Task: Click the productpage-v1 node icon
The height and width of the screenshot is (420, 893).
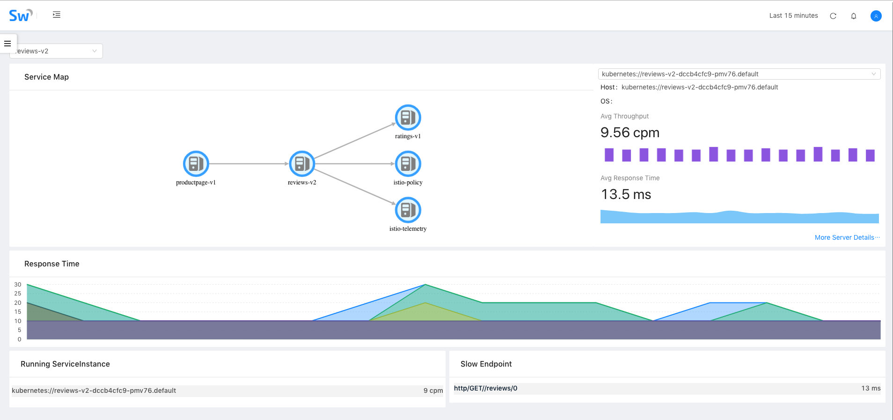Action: pos(196,163)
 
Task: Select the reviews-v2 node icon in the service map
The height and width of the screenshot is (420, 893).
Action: pos(302,163)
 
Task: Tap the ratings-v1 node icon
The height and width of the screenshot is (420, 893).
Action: pos(408,117)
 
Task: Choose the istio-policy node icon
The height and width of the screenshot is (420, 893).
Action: pos(408,163)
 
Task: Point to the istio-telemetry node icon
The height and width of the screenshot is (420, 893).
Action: pos(408,210)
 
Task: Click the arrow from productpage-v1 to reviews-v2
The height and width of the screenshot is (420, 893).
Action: pos(249,163)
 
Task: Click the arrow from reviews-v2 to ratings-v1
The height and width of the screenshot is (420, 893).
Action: pos(355,141)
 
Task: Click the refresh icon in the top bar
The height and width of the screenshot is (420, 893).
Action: pos(833,16)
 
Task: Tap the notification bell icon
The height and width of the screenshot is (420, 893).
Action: pos(854,16)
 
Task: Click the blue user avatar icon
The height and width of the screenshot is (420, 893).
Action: pos(876,16)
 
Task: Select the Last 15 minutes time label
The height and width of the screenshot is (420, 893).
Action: pos(793,15)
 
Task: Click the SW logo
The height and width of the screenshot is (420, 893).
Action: pos(20,15)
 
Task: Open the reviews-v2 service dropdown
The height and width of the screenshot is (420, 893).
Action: pos(56,51)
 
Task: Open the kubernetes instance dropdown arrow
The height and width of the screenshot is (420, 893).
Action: pos(873,74)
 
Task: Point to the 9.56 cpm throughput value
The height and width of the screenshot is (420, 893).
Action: pos(629,133)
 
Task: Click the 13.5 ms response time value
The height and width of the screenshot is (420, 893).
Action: pos(626,194)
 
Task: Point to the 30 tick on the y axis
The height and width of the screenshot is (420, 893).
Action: pos(18,284)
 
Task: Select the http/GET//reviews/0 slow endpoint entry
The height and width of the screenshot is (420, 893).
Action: pos(485,388)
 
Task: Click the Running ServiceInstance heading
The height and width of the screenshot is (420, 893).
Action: pos(65,364)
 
